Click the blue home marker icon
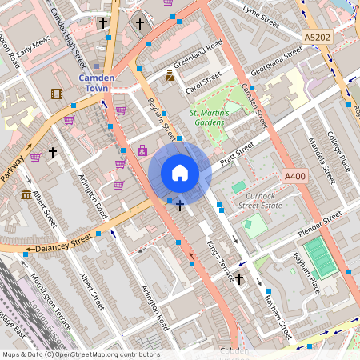(x=180, y=173)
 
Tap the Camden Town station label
(x=96, y=82)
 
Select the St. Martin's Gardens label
(x=210, y=118)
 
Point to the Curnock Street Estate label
(x=260, y=200)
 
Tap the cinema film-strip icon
(x=56, y=94)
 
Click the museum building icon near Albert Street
(x=26, y=194)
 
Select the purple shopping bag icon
(x=142, y=150)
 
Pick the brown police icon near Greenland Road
(x=170, y=76)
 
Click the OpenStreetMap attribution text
(x=81, y=354)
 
